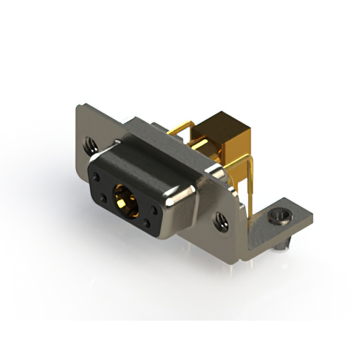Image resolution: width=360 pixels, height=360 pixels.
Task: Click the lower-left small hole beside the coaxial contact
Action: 105,197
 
